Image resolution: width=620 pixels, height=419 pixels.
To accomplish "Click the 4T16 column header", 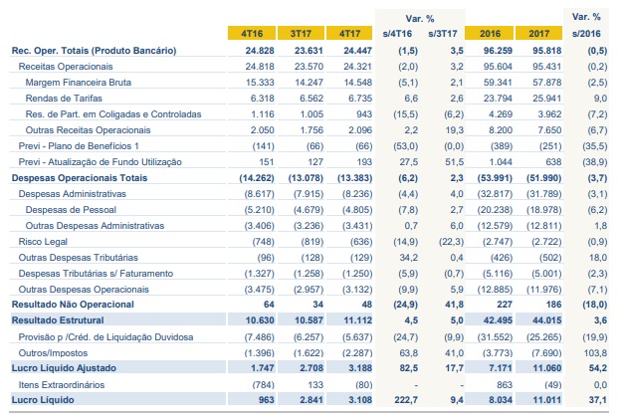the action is click(x=252, y=33).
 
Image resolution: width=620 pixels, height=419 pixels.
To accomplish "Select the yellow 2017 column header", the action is click(x=538, y=33).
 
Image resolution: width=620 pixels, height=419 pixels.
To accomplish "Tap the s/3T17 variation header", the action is click(x=443, y=34).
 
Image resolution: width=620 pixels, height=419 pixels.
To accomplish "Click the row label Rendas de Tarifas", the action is click(x=64, y=98).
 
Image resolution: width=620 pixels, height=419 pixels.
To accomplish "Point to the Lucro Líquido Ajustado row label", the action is click(x=64, y=368).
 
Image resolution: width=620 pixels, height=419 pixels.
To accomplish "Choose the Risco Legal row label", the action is click(x=43, y=242).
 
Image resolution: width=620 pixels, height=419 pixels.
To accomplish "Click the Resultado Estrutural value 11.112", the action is click(x=358, y=320).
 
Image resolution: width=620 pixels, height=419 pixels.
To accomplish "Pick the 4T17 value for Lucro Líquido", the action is click(x=360, y=400).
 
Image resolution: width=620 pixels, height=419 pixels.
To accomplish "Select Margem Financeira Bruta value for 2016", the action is click(x=498, y=83).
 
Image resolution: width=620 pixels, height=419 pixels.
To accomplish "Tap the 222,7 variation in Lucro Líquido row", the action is click(x=406, y=400).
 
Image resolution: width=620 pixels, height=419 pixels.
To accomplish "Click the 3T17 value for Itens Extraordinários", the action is click(x=315, y=384).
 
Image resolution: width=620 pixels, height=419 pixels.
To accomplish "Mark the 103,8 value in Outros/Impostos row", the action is click(x=595, y=353).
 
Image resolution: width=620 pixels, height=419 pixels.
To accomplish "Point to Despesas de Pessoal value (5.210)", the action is click(x=259, y=209).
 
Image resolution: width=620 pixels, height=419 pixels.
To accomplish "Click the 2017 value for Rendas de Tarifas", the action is click(x=546, y=98).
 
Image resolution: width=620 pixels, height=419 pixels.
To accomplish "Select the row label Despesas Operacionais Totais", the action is click(x=80, y=178).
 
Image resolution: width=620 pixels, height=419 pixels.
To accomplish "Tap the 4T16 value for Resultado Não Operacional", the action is click(x=269, y=305).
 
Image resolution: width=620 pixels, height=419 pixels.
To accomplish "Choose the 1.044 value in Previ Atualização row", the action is click(x=501, y=162).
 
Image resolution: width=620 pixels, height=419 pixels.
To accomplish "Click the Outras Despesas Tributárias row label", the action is click(x=79, y=258).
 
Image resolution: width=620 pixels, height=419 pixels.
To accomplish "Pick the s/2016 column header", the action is click(x=586, y=34).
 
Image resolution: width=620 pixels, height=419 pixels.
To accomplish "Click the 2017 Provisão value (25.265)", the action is click(x=543, y=337).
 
